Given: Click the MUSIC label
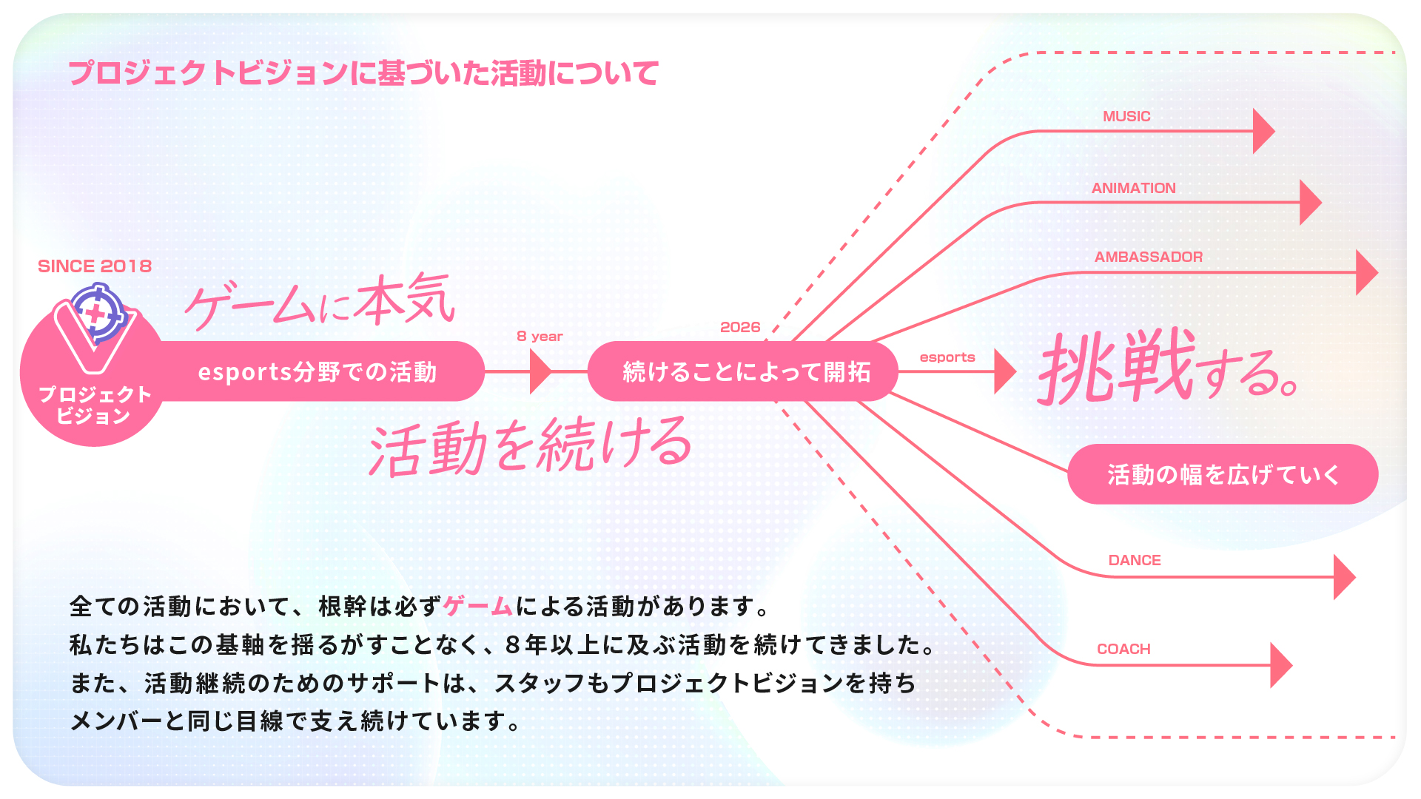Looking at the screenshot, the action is point(1126,116).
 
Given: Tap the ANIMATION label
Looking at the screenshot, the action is point(1133,188).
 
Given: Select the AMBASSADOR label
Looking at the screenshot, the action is point(1149,257).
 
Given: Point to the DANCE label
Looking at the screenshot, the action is point(1135,560).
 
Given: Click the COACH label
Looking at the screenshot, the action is point(1123,649).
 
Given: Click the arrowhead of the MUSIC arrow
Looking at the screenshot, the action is point(1263,131).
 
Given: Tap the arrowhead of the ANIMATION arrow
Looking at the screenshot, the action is point(1311,202).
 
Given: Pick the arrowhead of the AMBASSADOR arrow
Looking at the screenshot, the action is point(1366,272).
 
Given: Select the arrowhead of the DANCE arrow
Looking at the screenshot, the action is point(1344,577).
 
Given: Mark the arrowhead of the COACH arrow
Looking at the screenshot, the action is point(1281,665).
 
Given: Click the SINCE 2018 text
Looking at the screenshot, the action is point(95,266).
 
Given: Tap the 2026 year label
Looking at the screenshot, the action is point(740,327).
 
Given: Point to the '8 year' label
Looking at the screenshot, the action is point(540,336).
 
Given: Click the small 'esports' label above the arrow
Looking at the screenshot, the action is point(947,357).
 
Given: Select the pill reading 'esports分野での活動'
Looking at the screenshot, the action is point(318,371).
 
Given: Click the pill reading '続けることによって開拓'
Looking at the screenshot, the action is point(743,371).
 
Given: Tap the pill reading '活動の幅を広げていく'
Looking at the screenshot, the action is point(1223,474).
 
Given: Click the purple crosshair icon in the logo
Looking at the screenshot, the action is point(98,314).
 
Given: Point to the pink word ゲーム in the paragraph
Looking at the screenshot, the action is point(478,607).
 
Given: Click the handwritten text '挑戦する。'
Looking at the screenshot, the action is point(1168,367).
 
